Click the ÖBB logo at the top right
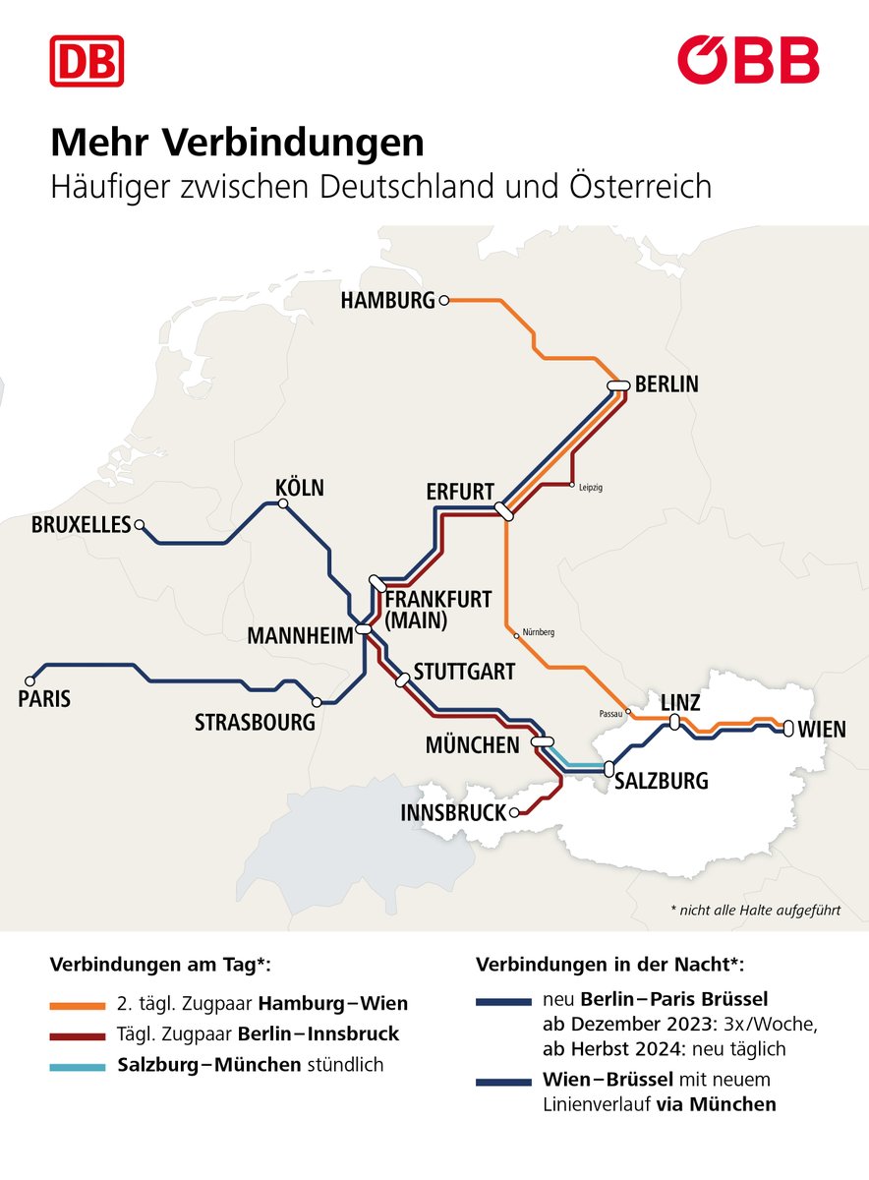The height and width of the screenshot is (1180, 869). (748, 60)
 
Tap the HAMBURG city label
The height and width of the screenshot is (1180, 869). (387, 301)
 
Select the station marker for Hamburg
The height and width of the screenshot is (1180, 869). (444, 300)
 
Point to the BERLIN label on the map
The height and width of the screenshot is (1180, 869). (666, 384)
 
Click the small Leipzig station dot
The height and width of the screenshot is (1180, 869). (571, 485)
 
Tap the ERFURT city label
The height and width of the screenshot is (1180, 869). (460, 492)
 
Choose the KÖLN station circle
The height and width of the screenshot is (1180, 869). (283, 503)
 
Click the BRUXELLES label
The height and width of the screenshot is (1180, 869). (81, 525)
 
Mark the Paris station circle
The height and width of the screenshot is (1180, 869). (29, 679)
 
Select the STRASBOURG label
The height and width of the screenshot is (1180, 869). (255, 723)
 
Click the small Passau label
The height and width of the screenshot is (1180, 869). (610, 713)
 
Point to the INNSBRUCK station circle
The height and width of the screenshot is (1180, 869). (513, 813)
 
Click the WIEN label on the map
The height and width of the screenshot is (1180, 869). (822, 729)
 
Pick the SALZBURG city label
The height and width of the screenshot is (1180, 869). (661, 782)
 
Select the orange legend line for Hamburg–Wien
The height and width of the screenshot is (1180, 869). (77, 1004)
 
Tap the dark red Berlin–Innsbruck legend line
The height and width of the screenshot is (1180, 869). (77, 1035)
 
